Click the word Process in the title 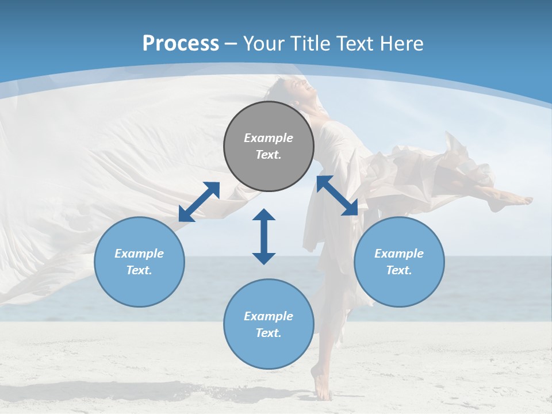[181, 44]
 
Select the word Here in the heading [402, 44]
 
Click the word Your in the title [264, 44]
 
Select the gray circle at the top [269, 146]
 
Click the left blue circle [139, 262]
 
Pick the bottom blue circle [269, 324]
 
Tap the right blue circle [399, 262]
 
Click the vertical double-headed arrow [264, 236]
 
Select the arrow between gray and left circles [199, 201]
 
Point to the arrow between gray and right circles [337, 195]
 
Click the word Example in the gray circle [269, 138]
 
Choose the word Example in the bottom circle [269, 316]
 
